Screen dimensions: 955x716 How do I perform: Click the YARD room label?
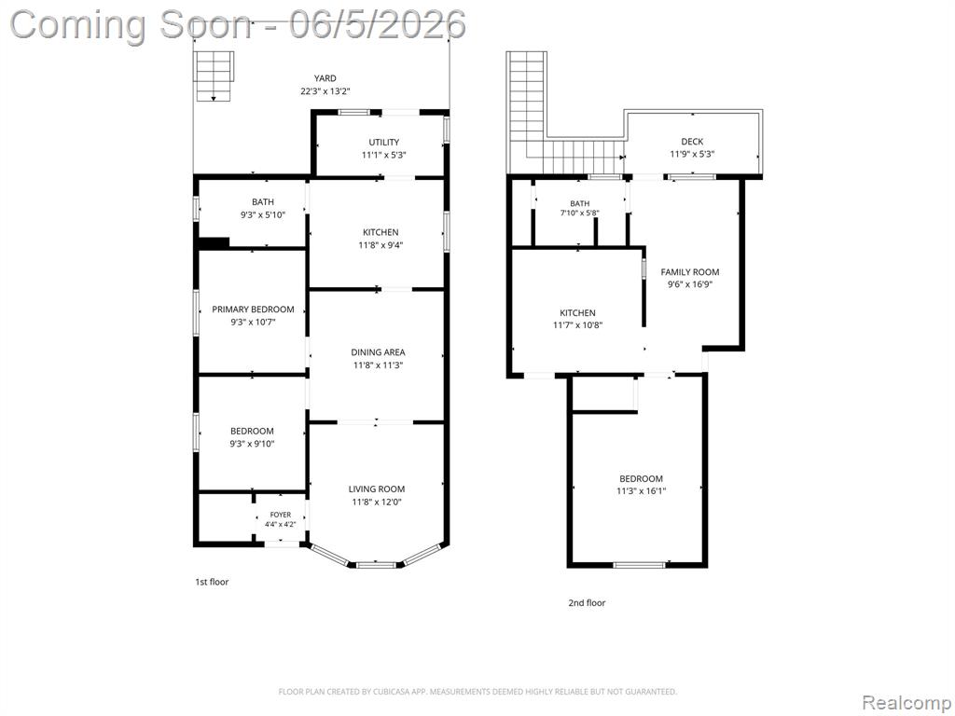[325, 78]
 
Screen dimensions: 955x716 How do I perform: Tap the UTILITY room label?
[383, 143]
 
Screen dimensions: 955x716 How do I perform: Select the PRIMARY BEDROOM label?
[253, 310]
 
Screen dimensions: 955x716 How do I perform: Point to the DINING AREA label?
[378, 352]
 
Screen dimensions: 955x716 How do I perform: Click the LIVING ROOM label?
[377, 489]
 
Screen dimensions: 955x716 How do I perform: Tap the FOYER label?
[280, 515]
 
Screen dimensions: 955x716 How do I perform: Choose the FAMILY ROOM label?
[689, 272]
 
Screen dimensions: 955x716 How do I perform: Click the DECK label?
[692, 142]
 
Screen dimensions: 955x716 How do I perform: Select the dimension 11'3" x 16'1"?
[641, 490]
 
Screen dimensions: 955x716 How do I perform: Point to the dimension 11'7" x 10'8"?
[577, 325]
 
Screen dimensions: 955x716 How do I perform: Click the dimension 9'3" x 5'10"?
[262, 215]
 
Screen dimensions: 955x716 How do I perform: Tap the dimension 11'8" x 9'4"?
[381, 245]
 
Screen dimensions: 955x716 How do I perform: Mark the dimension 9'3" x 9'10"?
[252, 444]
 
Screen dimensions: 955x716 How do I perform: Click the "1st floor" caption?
[212, 582]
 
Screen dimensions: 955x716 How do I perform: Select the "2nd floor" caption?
[587, 603]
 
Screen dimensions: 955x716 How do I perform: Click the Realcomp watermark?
[907, 703]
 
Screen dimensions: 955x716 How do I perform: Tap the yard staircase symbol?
[214, 76]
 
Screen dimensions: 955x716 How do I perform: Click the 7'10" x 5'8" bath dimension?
[580, 213]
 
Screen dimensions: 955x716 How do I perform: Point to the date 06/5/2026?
[377, 24]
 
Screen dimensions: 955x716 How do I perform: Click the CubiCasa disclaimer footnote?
[477, 692]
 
